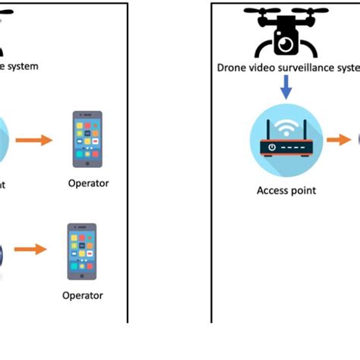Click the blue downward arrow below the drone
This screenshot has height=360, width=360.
286,90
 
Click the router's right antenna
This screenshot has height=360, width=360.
307,128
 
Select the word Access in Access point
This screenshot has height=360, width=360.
272,191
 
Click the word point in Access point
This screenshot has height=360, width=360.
303,191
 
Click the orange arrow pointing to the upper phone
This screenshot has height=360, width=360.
35,140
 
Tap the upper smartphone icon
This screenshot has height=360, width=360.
87,139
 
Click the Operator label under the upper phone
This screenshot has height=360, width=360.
88,183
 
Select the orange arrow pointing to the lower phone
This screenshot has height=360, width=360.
30,249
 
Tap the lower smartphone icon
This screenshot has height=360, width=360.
82,251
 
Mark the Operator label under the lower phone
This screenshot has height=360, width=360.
82,295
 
